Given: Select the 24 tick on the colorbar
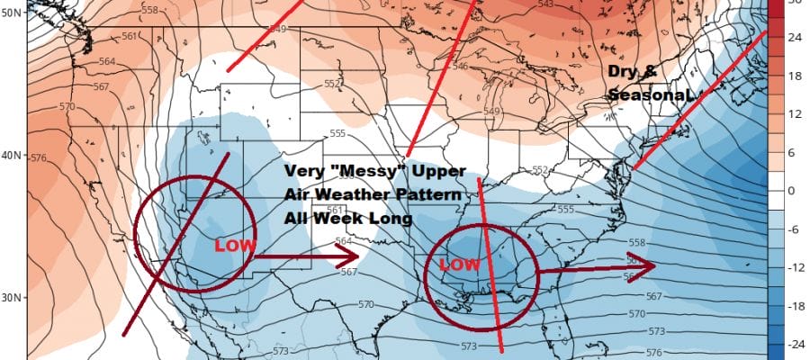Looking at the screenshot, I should [x=796, y=39].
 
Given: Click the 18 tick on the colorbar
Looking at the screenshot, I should [x=796, y=76].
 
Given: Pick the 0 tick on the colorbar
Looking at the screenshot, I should [x=796, y=191].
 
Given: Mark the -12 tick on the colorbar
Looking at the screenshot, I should [x=796, y=267].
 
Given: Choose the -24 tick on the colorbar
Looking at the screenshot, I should [x=796, y=344].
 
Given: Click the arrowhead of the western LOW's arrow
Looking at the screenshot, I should [x=350, y=258].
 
